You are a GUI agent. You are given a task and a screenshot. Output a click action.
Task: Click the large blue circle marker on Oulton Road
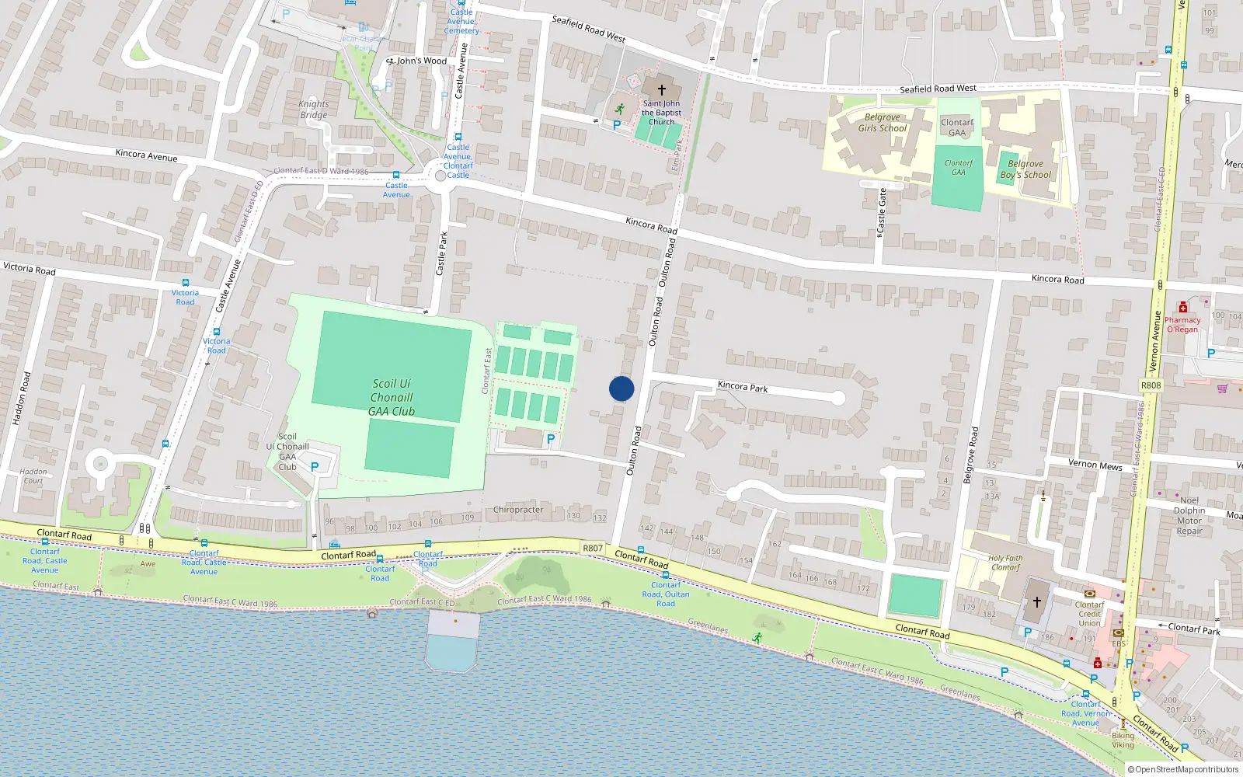pyautogui.click(x=621, y=388)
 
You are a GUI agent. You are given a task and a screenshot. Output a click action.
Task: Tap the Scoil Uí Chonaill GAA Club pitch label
pyautogui.click(x=392, y=397)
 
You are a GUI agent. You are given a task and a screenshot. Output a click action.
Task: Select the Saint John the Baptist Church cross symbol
pyautogui.click(x=662, y=90)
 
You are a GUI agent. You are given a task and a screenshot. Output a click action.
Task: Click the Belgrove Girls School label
pyautogui.click(x=882, y=123)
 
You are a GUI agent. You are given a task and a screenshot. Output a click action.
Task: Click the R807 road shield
pyautogui.click(x=593, y=548)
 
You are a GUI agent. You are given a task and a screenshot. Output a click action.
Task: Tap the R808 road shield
pyautogui.click(x=1151, y=385)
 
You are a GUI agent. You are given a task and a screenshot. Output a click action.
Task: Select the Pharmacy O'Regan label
pyautogui.click(x=1182, y=324)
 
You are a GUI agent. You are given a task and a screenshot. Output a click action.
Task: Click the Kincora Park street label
pyautogui.click(x=743, y=386)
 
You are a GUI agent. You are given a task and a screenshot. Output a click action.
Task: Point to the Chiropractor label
pyautogui.click(x=518, y=510)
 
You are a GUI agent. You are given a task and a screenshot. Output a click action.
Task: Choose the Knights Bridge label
pyautogui.click(x=314, y=110)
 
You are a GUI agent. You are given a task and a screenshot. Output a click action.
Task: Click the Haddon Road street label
pyautogui.click(x=22, y=398)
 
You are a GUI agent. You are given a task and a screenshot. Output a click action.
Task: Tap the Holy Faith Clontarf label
pyautogui.click(x=1005, y=563)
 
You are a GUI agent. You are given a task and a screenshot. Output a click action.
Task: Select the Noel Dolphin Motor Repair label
pyautogui.click(x=1189, y=516)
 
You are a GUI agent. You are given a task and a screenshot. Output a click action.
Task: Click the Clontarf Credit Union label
pyautogui.click(x=1089, y=614)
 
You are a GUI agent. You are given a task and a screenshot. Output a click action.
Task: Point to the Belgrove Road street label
pyautogui.click(x=970, y=455)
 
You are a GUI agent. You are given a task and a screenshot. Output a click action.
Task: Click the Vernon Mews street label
pyautogui.click(x=1095, y=465)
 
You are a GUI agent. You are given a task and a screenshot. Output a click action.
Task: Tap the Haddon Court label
pyautogui.click(x=33, y=476)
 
